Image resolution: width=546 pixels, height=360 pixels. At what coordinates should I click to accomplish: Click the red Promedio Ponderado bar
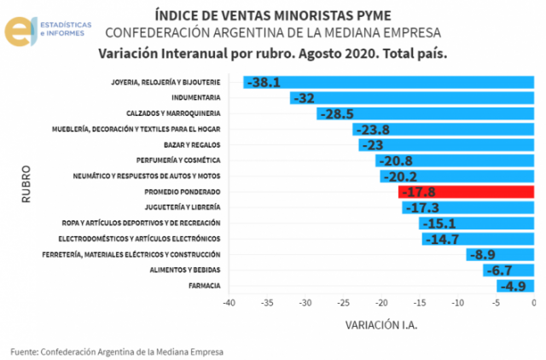coord(466,192)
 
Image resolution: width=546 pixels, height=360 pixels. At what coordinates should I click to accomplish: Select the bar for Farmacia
coord(515,286)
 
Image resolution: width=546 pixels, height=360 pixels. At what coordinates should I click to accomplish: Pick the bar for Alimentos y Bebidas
coord(508,270)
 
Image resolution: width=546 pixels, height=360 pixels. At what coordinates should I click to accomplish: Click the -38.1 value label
coord(263,83)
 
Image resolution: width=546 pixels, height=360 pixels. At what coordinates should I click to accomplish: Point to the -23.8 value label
coord(372,130)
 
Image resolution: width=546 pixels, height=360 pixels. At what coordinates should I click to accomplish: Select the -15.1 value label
coord(439,224)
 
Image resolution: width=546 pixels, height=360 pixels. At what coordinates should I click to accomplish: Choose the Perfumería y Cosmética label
coord(179,160)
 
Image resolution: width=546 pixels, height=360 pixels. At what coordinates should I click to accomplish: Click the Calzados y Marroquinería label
coord(174,113)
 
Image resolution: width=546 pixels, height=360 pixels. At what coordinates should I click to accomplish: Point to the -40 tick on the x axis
coord(229,303)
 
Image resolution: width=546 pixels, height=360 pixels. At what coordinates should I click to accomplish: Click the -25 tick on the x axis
coord(343,303)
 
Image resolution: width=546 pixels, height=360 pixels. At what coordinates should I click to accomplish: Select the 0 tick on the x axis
coord(533,303)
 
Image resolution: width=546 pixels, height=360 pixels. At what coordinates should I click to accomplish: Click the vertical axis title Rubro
coord(26,184)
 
